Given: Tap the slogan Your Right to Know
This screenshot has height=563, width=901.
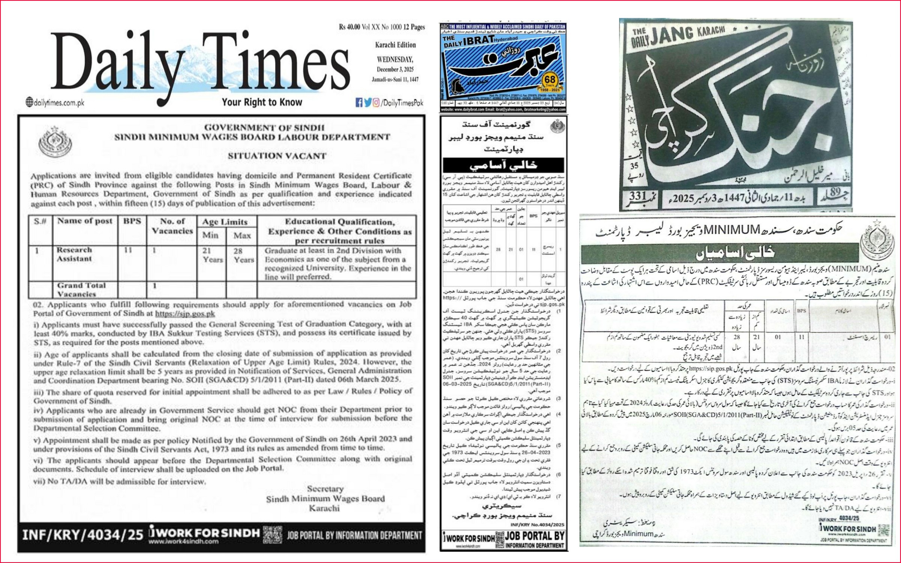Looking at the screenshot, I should [262, 102].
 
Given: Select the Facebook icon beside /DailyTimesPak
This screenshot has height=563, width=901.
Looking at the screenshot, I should [359, 102].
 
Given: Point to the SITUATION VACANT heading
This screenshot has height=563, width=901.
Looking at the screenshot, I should [277, 156].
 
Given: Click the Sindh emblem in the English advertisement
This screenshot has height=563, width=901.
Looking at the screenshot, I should [55, 142].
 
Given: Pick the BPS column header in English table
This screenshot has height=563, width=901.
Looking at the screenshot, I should [132, 221].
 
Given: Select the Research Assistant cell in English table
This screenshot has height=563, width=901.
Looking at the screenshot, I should [74, 254].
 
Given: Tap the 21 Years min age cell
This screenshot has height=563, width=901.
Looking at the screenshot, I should [212, 255].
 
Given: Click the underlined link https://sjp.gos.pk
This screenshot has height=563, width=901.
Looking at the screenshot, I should [185, 314].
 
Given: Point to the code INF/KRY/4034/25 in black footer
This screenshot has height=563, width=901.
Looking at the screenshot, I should [83, 535].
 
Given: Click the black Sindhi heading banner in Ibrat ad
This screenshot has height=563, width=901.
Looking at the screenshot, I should [503, 165].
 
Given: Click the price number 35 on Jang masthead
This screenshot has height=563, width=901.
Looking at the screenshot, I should [634, 166].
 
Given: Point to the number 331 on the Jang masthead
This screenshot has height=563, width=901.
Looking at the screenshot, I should [638, 196].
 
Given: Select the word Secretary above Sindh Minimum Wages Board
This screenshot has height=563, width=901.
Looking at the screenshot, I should [325, 489].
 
